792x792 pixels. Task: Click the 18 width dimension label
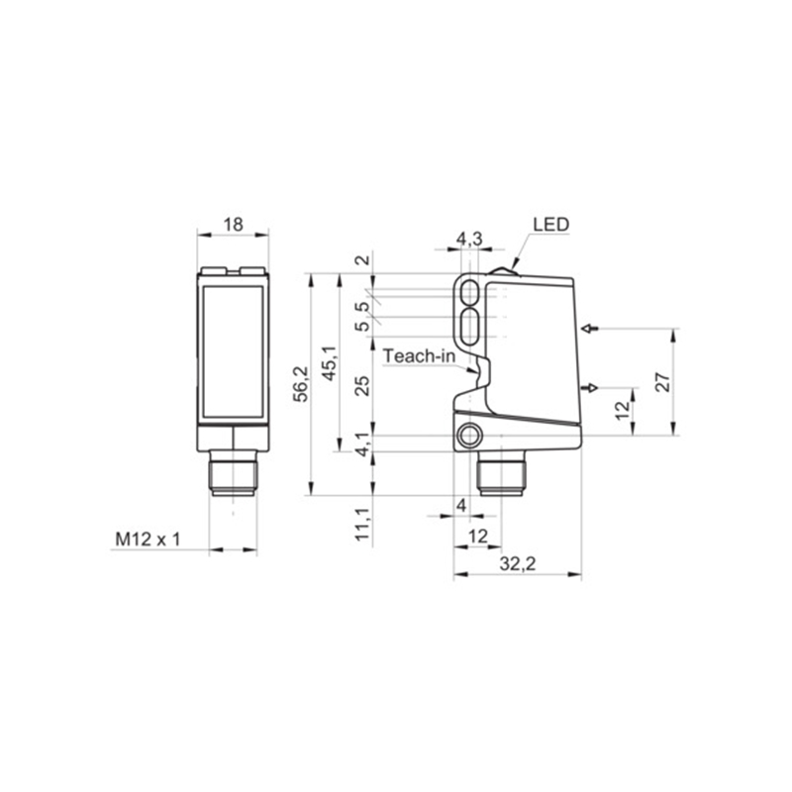[234, 225]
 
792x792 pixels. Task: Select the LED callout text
[551, 225]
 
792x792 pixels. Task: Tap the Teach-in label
[419, 356]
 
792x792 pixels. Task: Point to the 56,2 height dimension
[302, 384]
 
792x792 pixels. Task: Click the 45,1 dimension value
[331, 363]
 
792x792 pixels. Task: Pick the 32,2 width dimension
[518, 563]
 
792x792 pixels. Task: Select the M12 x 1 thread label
[148, 540]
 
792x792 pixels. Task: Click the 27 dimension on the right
[663, 382]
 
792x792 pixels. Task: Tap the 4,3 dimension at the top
[469, 239]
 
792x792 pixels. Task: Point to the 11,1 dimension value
[362, 525]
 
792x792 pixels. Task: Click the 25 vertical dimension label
[362, 386]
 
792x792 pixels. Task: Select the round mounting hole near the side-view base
[470, 436]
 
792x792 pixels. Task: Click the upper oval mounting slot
[471, 292]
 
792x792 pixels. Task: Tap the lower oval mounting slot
[471, 327]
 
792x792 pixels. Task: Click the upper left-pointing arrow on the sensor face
[590, 329]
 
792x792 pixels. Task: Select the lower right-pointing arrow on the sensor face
[590, 388]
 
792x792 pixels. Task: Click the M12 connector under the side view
[502, 474]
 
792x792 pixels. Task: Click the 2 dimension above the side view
[362, 261]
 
